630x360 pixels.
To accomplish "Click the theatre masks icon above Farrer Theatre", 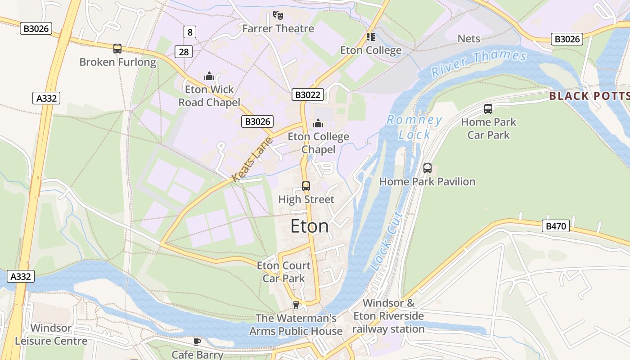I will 278,16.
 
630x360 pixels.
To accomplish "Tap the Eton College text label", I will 370,50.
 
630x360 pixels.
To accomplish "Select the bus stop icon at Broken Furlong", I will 117,49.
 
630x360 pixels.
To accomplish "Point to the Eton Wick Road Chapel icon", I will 209,76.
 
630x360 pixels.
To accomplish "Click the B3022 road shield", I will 308,94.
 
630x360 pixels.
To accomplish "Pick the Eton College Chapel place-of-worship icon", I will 318,123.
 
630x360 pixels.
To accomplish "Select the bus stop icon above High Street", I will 306,186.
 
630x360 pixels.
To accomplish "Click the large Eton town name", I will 310,226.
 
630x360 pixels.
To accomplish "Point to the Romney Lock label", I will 414,127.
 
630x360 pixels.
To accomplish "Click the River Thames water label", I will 479,63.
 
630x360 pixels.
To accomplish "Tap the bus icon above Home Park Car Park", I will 488,108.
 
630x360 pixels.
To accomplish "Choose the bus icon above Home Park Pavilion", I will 427,168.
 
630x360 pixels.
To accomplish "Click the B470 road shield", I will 556,226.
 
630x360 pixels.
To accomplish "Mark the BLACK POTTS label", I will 589,96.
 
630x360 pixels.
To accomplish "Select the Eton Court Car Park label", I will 283,272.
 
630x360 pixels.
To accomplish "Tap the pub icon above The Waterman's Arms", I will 296,305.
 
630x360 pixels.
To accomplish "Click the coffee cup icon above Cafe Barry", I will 197,342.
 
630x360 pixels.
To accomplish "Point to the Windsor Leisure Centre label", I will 51,334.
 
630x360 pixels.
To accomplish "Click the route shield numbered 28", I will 184,52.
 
